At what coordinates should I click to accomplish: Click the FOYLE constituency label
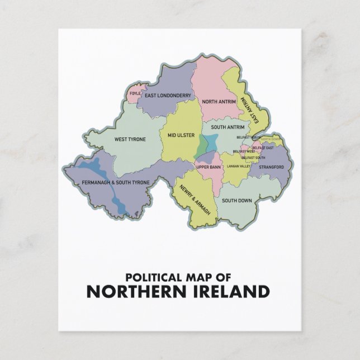point(135,93)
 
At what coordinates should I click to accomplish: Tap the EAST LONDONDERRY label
point(168,96)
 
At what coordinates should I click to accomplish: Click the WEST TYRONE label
point(126,139)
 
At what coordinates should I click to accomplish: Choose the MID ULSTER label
point(181,135)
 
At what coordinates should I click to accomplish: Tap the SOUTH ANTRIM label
point(224,128)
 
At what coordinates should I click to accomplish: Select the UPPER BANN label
point(207,167)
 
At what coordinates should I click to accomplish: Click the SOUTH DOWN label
point(235,200)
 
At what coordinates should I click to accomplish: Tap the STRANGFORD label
point(272,167)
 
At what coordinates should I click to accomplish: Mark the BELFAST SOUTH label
point(254,158)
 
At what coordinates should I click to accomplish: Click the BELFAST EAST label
point(263,148)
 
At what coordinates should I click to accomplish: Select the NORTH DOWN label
point(269,139)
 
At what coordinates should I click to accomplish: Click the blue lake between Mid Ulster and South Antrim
point(203,145)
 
